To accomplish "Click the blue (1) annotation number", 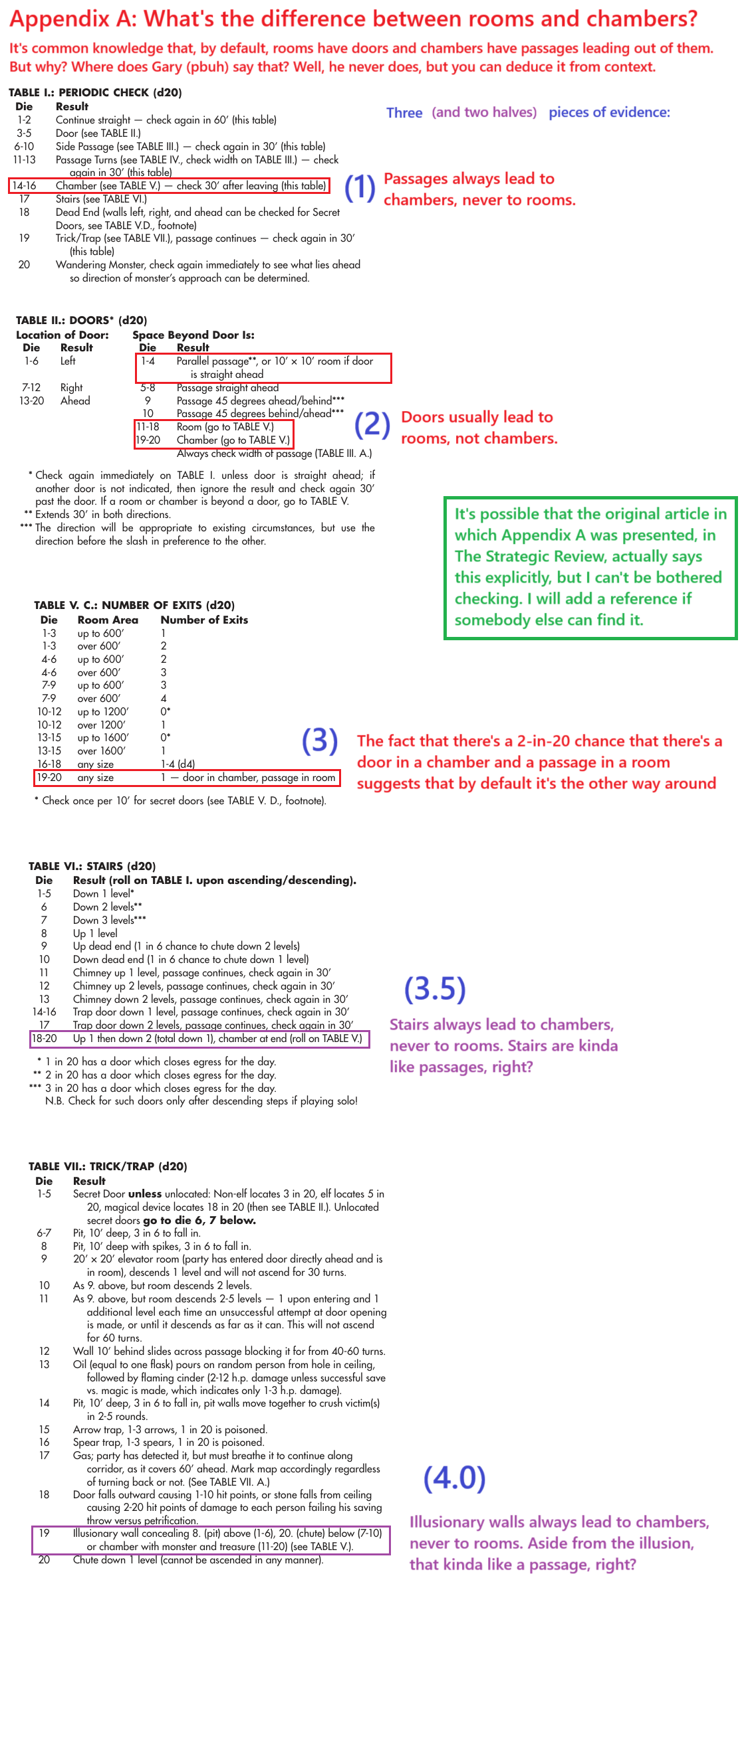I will click(x=360, y=189).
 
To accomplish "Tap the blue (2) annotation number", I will click(x=372, y=424).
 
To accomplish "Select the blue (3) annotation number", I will click(x=319, y=741).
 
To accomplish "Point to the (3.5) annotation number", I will click(x=435, y=989).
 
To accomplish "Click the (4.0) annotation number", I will click(x=454, y=1478).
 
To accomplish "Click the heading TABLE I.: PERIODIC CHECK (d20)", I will click(x=94, y=92).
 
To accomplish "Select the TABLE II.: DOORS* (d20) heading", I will click(x=81, y=320).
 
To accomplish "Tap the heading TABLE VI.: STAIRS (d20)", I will click(x=92, y=866).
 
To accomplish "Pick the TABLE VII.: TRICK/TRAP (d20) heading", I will click(x=108, y=1166).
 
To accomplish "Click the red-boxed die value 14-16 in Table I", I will click(x=24, y=186).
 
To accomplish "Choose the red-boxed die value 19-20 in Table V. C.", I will click(x=49, y=778).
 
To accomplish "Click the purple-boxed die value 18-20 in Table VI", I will click(x=45, y=1039).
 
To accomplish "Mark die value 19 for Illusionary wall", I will click(x=45, y=1533).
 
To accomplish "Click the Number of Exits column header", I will click(x=204, y=620).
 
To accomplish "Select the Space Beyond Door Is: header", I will click(x=193, y=335).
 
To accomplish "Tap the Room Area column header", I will click(x=108, y=620).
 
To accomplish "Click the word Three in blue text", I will click(x=404, y=113).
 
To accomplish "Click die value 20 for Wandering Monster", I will click(x=24, y=264).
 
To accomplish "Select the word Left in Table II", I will click(x=68, y=361).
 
